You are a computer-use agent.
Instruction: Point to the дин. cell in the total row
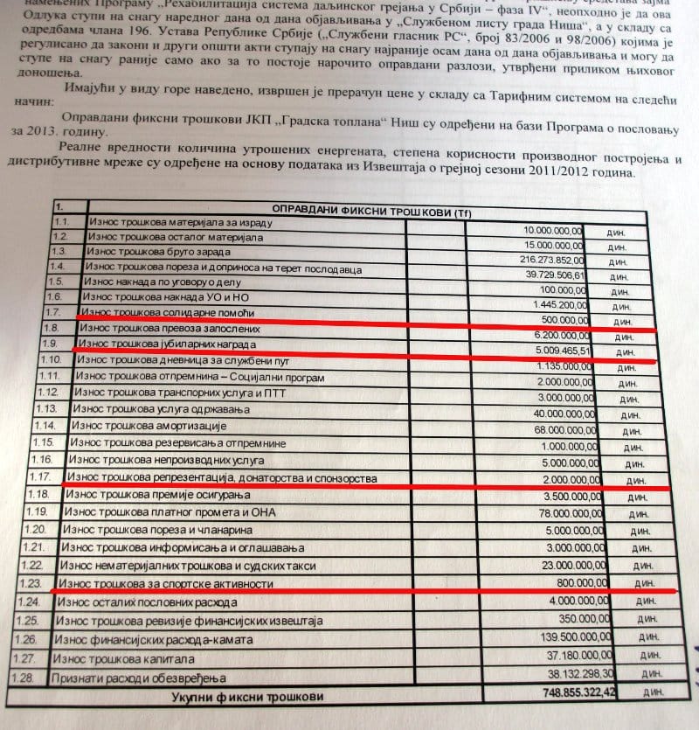click(652, 694)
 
